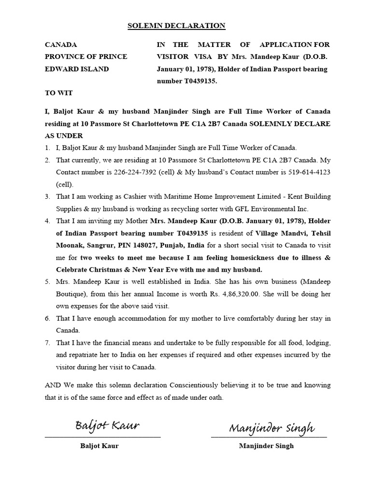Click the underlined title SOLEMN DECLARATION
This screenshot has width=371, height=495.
tap(176, 26)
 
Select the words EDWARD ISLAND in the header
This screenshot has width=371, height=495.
tap(77, 69)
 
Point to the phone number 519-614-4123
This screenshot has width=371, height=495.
tap(307, 172)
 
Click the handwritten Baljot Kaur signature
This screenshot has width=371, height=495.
tap(107, 425)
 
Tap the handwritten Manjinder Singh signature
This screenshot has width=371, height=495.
tap(271, 427)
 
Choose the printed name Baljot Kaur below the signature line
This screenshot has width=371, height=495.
tap(100, 446)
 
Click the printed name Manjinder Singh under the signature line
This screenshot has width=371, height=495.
tap(266, 446)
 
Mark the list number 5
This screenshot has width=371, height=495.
tap(47, 282)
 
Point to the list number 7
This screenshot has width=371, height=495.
tap(47, 343)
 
